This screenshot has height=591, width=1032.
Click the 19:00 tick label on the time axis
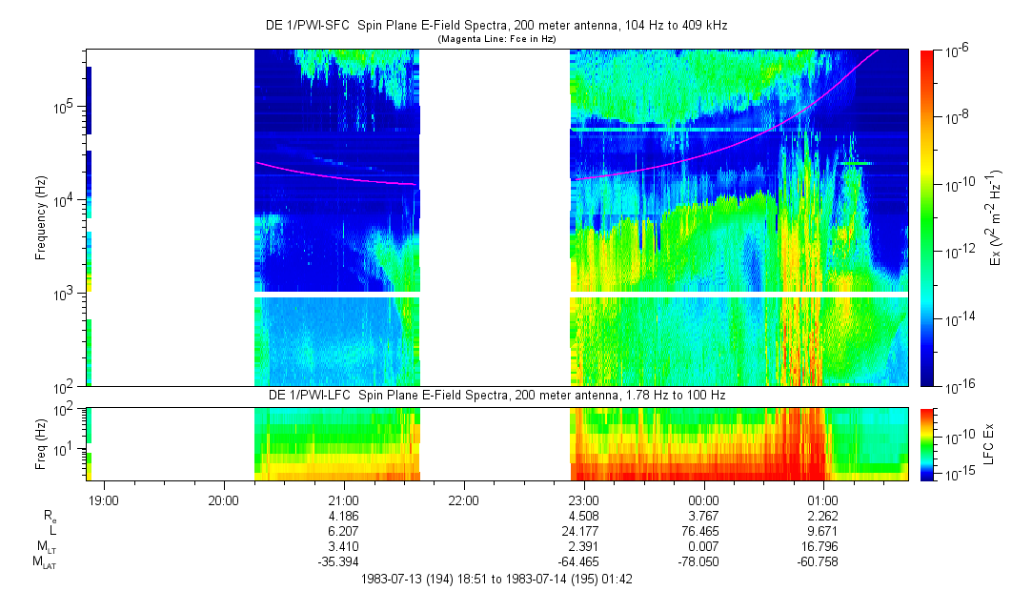103,500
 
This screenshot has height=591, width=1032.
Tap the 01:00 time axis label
822,500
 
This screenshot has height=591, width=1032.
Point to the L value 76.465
703,531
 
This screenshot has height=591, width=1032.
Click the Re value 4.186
343,516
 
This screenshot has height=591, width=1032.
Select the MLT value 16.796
822,546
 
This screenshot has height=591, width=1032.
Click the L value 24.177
583,531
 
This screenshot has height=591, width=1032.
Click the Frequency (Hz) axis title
41,218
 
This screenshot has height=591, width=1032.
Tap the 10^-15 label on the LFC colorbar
957,474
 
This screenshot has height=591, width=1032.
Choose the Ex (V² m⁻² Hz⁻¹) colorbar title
996,218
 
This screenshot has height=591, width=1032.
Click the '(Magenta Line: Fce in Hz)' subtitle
496,39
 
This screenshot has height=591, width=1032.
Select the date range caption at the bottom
496,579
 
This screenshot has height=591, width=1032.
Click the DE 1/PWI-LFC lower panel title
496,395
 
